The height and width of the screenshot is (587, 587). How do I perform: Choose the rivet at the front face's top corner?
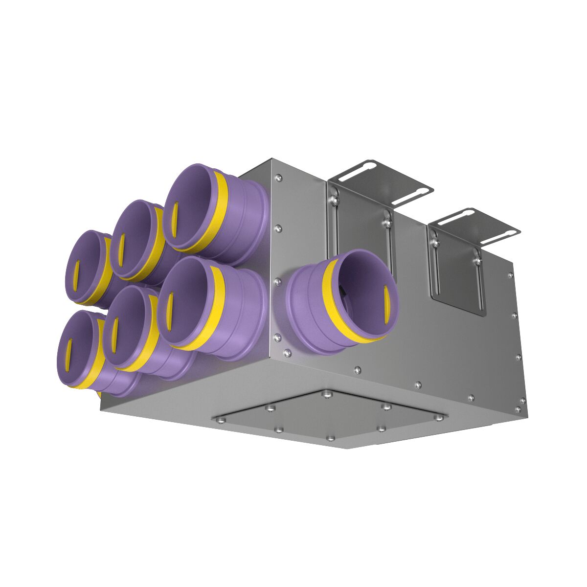click(279, 178)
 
